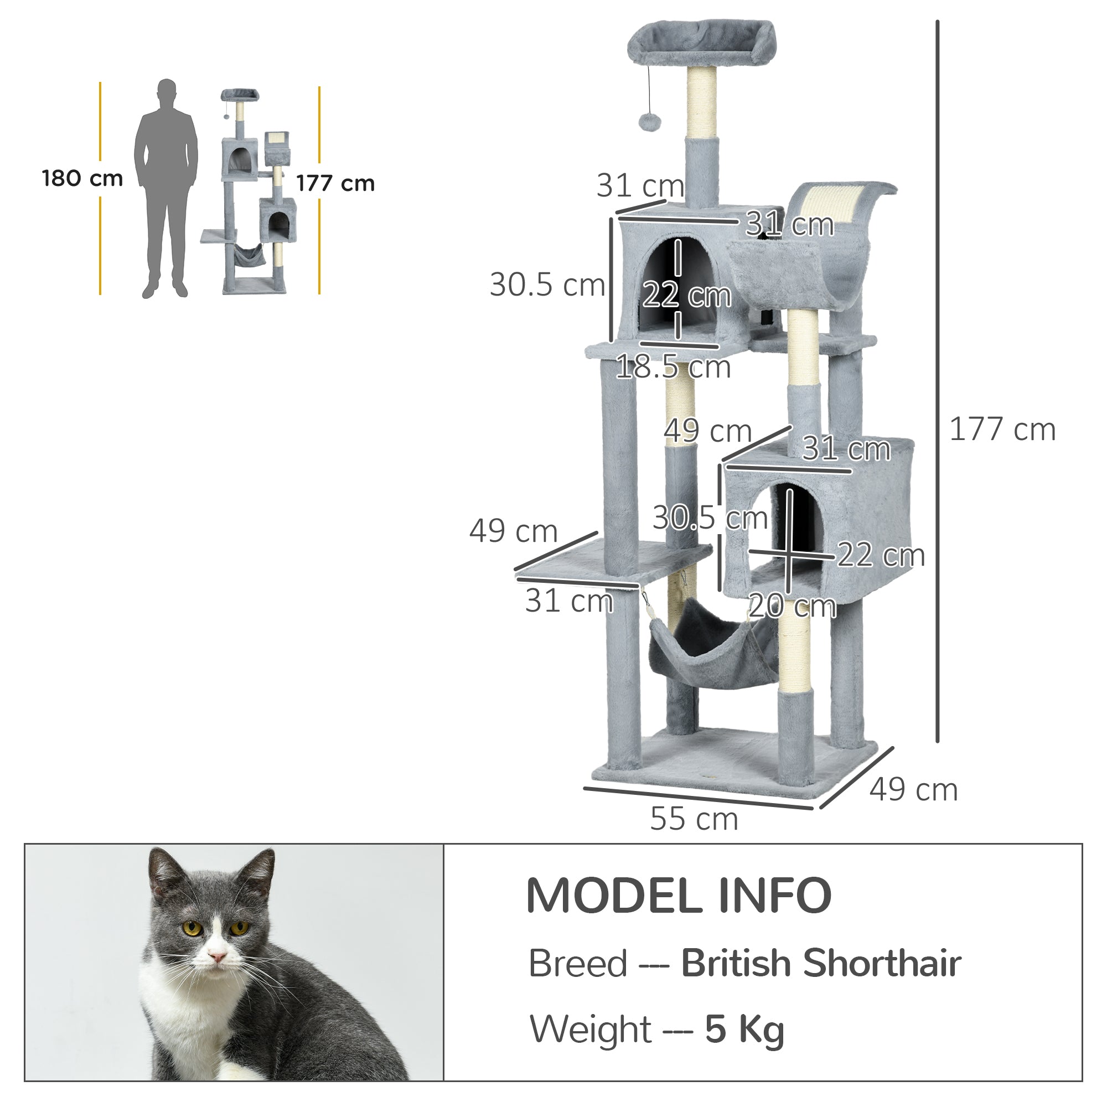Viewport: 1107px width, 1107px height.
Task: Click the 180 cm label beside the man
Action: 82,179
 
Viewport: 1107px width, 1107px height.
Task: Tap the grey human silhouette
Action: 166,189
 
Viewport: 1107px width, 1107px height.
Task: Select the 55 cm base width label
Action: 694,819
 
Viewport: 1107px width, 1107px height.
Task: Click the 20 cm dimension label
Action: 793,606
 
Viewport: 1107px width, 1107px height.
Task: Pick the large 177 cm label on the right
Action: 1002,429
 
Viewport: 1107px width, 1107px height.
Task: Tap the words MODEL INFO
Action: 679,896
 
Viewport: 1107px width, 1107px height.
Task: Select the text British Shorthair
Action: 820,963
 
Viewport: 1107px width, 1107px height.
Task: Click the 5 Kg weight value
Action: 744,1029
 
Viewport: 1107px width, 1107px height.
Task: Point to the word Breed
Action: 577,963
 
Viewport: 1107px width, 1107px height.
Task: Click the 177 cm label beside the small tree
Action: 335,183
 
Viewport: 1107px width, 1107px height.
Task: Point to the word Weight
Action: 590,1029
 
